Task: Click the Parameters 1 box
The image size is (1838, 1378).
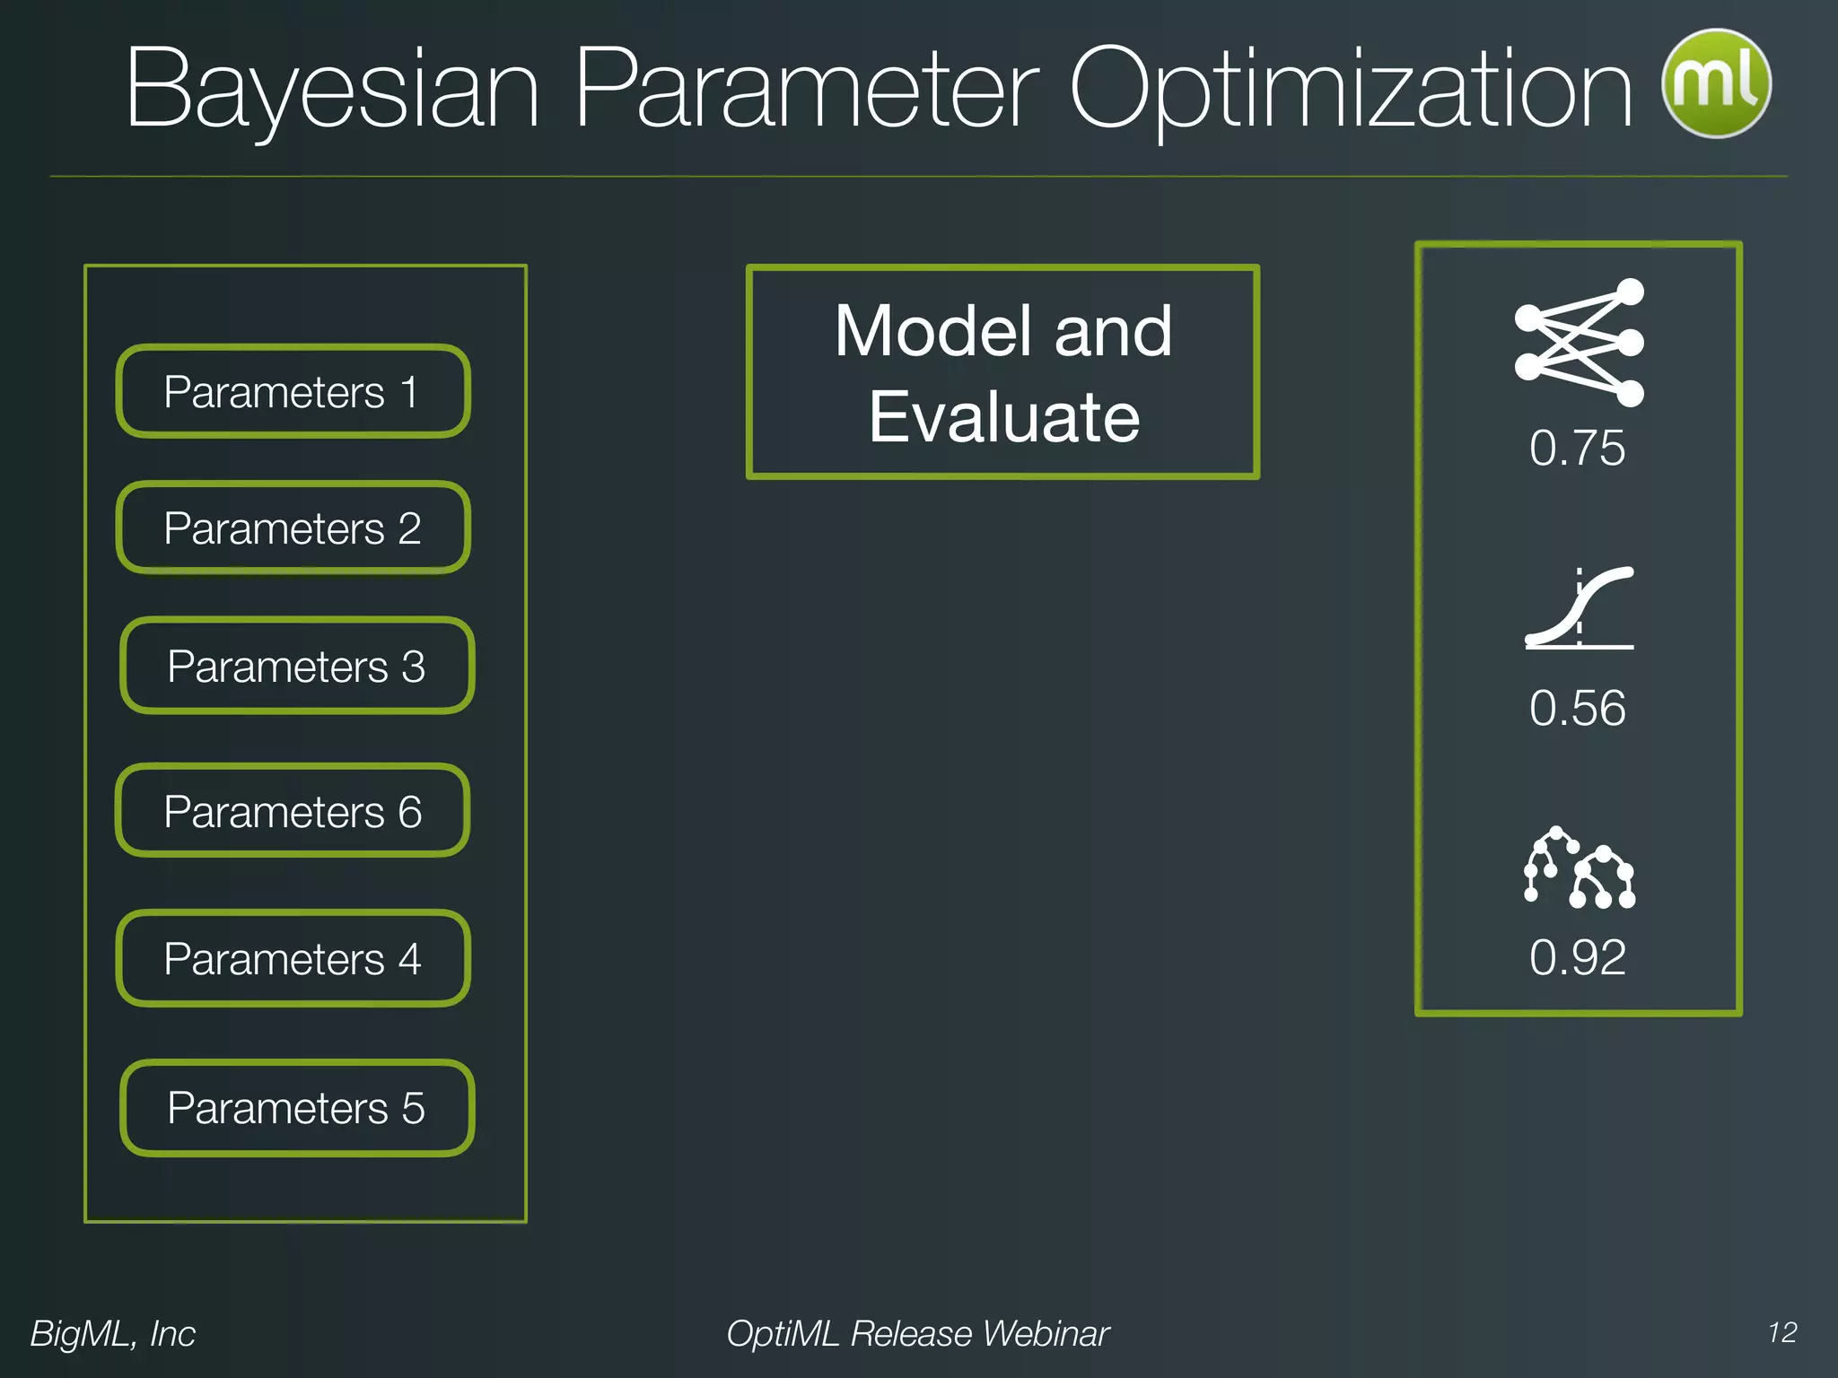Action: (x=293, y=392)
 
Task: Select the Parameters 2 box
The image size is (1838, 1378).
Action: (x=293, y=528)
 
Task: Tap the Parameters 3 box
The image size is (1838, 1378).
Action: (x=296, y=667)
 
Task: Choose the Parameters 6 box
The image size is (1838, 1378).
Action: (x=293, y=812)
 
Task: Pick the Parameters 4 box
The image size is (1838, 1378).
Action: (x=293, y=959)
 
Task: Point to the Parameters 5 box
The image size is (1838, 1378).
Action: (x=296, y=1108)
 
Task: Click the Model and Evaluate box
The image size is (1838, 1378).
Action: (x=1002, y=372)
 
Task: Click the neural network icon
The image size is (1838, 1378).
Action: (x=1580, y=343)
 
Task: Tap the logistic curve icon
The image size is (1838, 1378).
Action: (x=1580, y=607)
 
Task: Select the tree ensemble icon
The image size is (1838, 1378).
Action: (x=1580, y=868)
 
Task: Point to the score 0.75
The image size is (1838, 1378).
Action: (x=1577, y=448)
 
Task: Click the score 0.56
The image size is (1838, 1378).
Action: (x=1577, y=708)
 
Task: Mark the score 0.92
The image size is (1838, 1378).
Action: (x=1577, y=957)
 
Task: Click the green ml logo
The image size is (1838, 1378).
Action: (x=1716, y=83)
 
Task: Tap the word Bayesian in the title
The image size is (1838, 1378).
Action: (x=333, y=90)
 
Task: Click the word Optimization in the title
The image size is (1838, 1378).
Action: (x=1351, y=90)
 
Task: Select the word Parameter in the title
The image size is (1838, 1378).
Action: (x=805, y=90)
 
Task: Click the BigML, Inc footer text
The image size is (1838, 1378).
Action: (x=113, y=1334)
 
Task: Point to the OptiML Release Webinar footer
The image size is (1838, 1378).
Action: (x=918, y=1334)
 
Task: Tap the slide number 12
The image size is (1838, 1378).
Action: (x=1782, y=1332)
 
